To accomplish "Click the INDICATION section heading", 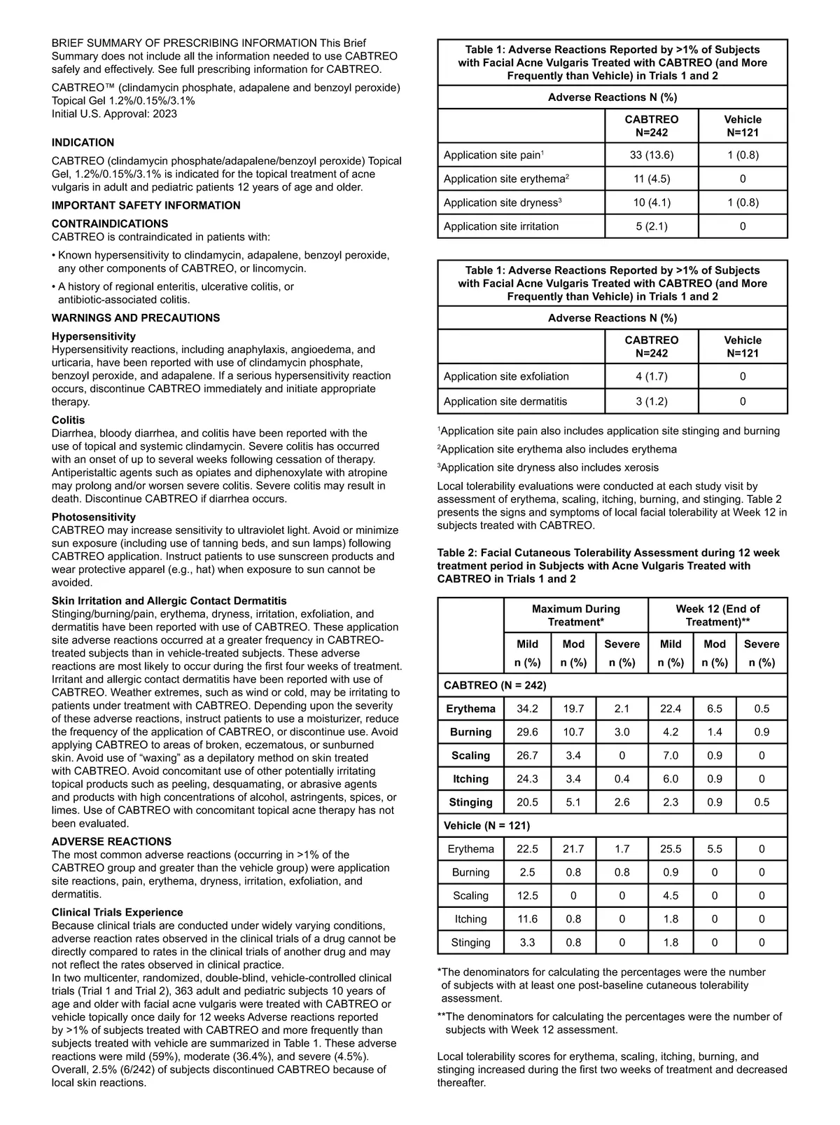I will tap(83, 142).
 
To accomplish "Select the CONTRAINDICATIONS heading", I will tap(110, 223).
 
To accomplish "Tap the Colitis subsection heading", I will tap(68, 420).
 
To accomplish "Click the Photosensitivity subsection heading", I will tap(94, 517).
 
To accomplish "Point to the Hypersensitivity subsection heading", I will tap(94, 336).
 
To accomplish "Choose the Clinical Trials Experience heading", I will tap(117, 912).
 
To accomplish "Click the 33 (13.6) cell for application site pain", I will tap(651, 155).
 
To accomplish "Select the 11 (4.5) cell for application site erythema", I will tap(651, 179).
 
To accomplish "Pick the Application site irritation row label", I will tap(501, 226).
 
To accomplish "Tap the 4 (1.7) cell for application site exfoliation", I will tap(651, 376).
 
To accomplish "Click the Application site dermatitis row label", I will tap(505, 401).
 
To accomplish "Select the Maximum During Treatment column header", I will tap(575, 615).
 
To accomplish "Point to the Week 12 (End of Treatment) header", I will tap(717, 615).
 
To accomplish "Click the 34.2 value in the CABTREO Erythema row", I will tap(527, 708).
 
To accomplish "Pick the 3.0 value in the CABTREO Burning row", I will tap(622, 732).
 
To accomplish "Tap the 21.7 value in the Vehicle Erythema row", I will tap(573, 849).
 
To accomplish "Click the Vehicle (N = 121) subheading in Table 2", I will tap(486, 825).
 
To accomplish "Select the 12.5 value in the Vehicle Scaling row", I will tap(527, 895).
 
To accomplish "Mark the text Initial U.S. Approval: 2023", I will tap(114, 113).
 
